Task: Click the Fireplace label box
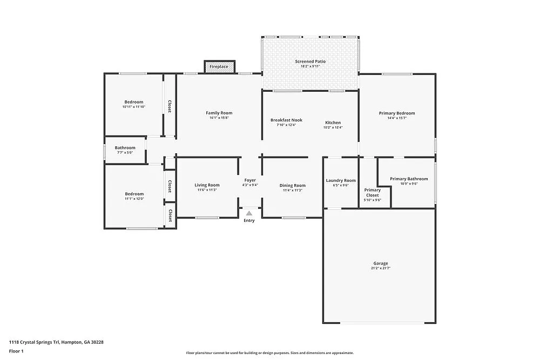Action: coord(220,66)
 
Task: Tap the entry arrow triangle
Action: coord(249,214)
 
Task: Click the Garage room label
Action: coord(380,263)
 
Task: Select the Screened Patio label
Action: coord(310,62)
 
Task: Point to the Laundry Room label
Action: coord(341,180)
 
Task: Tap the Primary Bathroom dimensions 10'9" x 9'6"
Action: coord(409,184)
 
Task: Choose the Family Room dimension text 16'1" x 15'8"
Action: coord(219,118)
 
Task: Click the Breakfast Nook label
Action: coord(286,120)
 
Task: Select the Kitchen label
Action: coord(333,123)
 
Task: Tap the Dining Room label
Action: coord(292,186)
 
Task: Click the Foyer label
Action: coord(250,180)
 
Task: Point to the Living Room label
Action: coord(207,185)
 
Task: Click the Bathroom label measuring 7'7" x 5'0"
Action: coord(125,148)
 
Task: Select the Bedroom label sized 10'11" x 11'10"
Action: coord(133,102)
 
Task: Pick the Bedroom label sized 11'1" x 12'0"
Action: coord(134,194)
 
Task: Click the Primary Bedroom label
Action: coord(397,113)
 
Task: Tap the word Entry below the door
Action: coord(249,220)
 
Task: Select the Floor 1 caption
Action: coord(16,351)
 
